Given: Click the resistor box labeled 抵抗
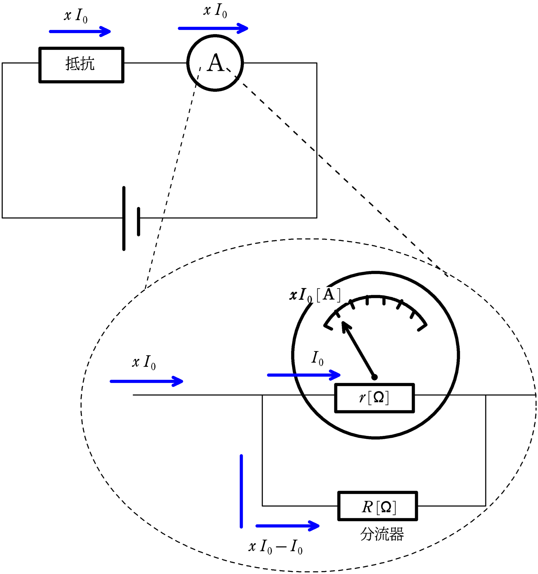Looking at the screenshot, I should [x=81, y=65].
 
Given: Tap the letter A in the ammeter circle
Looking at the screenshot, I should [x=215, y=63].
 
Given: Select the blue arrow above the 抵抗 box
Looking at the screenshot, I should [x=80, y=31].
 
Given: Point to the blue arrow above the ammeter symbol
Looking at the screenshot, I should [x=213, y=28].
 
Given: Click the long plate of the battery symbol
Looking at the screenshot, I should [x=124, y=218].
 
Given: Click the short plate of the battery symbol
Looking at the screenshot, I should [x=138, y=221].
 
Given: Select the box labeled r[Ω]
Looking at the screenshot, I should [x=374, y=398].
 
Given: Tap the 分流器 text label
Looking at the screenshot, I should [x=382, y=534].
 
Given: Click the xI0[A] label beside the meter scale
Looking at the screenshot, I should [x=315, y=295].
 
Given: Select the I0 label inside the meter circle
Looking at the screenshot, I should [x=317, y=358].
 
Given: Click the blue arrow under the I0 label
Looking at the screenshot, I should [x=304, y=375].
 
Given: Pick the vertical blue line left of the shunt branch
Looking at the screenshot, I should [x=241, y=491].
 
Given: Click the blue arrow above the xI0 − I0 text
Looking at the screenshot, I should [x=287, y=526].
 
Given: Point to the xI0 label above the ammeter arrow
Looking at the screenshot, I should [x=215, y=11].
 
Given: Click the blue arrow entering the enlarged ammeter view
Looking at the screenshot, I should [x=146, y=381].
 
